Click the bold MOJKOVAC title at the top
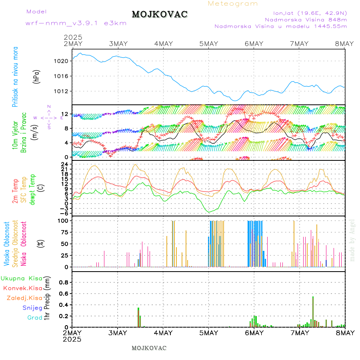tap(160, 14)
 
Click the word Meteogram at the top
tap(233, 4)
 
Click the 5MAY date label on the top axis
tap(208, 44)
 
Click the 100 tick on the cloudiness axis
tap(64, 220)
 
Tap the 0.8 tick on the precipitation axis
tap(64, 282)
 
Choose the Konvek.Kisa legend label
tap(22, 288)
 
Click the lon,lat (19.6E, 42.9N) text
tap(310, 13)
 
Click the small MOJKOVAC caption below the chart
tap(149, 348)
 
